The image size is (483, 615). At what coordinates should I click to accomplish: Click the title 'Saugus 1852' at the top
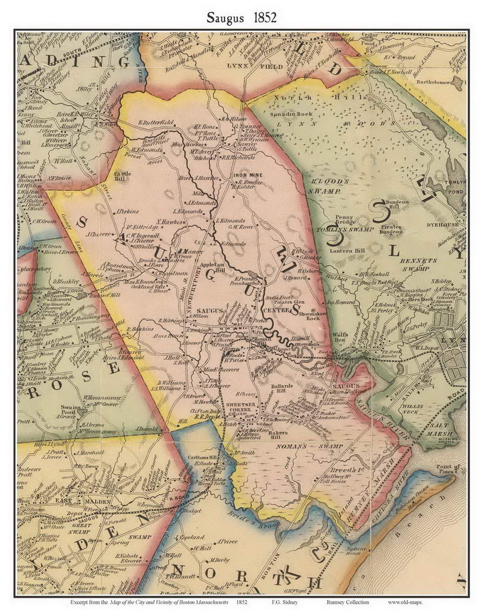(x=241, y=18)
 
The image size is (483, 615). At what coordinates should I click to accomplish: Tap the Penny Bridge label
(x=346, y=219)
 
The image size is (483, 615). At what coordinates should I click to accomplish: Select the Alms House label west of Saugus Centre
(x=164, y=336)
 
